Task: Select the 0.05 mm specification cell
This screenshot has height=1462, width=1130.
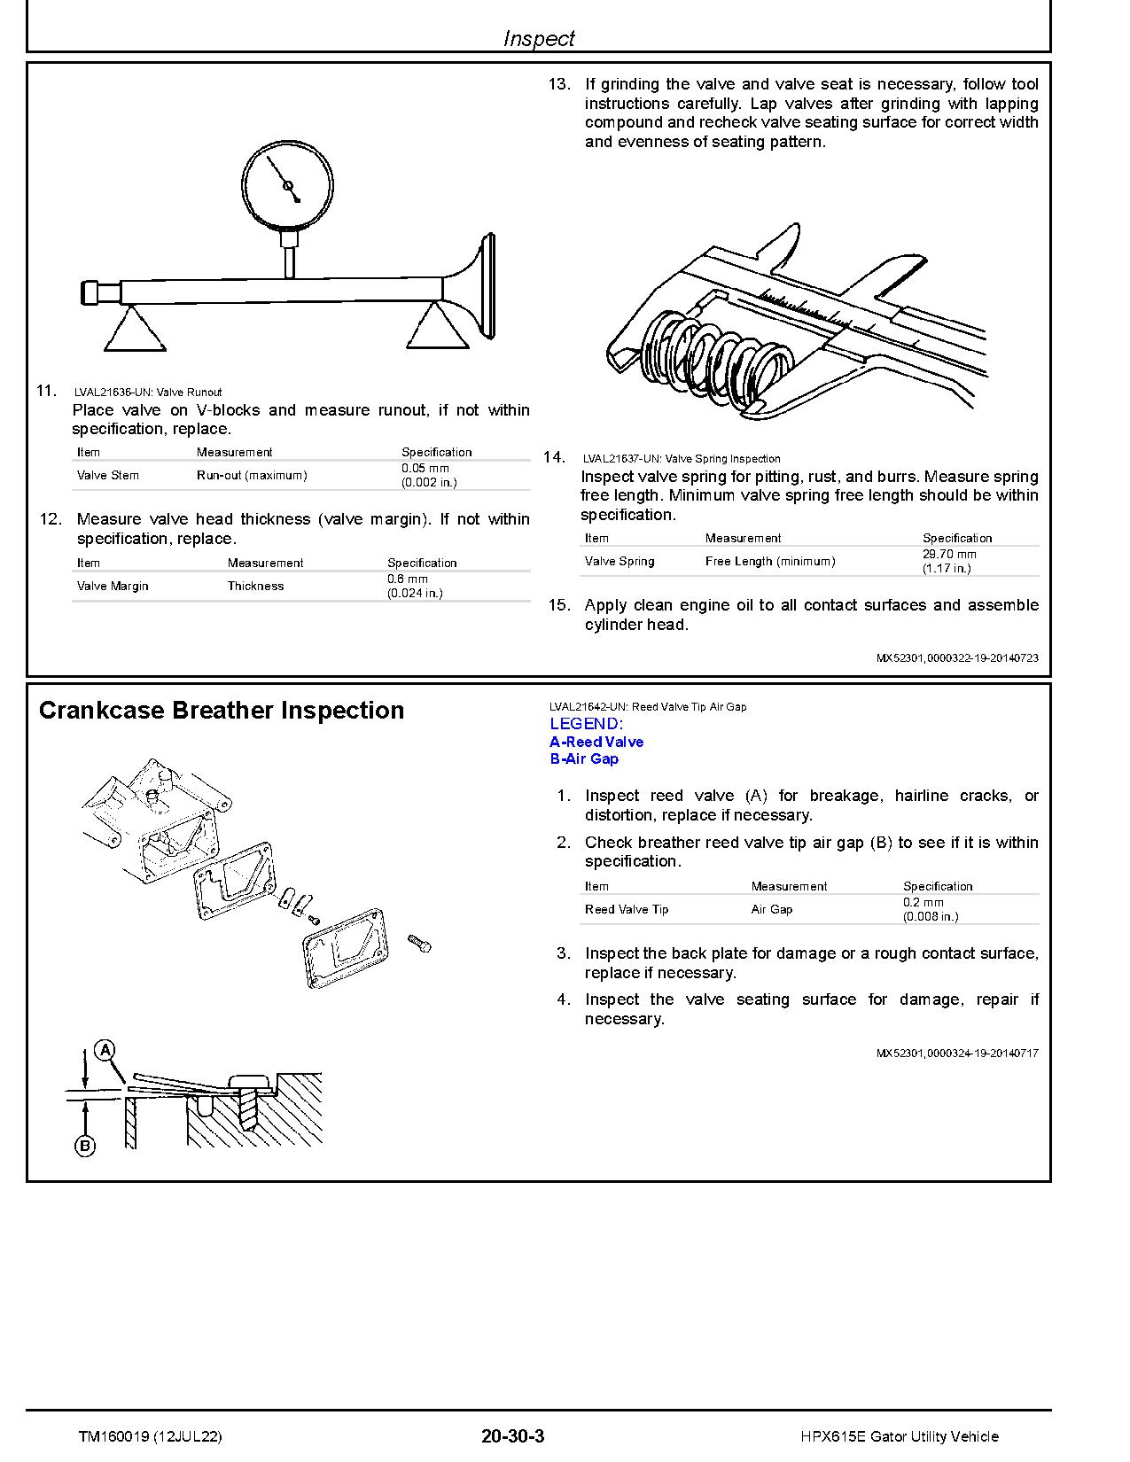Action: pyautogui.click(x=425, y=475)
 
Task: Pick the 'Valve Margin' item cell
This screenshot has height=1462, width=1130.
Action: pyautogui.click(x=113, y=586)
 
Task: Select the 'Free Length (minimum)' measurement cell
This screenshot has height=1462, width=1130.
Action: pyautogui.click(x=769, y=561)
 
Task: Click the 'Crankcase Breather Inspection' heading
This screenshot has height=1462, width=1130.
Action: pyautogui.click(x=222, y=711)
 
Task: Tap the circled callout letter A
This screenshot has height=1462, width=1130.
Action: pyautogui.click(x=105, y=1051)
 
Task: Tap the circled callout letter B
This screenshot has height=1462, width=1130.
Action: pyautogui.click(x=85, y=1146)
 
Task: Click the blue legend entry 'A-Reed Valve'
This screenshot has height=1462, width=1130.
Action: pyautogui.click(x=596, y=742)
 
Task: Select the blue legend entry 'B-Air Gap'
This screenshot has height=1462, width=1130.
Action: pyautogui.click(x=584, y=758)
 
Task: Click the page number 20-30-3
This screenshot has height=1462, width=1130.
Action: pyautogui.click(x=512, y=1436)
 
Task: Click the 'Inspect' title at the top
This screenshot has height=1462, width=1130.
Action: pyautogui.click(x=538, y=38)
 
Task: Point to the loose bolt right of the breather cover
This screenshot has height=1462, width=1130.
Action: pyautogui.click(x=419, y=943)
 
